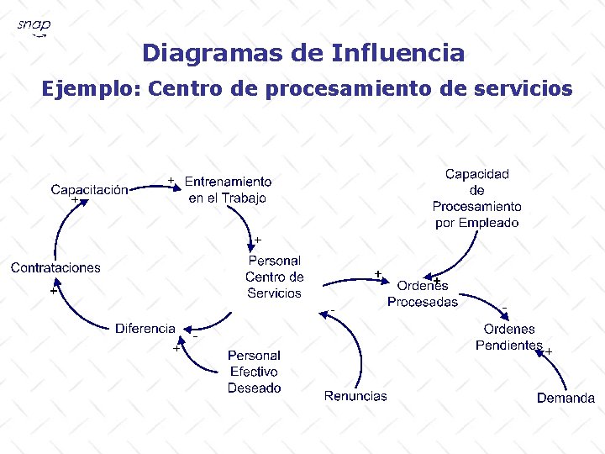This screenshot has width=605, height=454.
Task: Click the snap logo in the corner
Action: (34, 27)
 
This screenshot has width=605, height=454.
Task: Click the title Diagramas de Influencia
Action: (302, 54)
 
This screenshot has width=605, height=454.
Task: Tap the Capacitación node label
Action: (89, 189)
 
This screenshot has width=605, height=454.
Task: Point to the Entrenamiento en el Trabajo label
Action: (228, 189)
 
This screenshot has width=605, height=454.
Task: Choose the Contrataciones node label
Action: (55, 267)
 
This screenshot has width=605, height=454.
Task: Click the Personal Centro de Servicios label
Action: (274, 277)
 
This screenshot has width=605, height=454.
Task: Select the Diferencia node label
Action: (145, 328)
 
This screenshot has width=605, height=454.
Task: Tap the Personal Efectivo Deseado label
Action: (254, 372)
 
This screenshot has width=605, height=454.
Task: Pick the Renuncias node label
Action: (355, 396)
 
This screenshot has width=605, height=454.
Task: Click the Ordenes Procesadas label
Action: (423, 293)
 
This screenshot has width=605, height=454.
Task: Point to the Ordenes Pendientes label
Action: (509, 337)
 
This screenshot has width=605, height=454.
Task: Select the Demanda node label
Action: (566, 398)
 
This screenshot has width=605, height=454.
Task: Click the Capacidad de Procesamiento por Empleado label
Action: (476, 198)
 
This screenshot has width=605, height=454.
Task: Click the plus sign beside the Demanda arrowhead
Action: (549, 351)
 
